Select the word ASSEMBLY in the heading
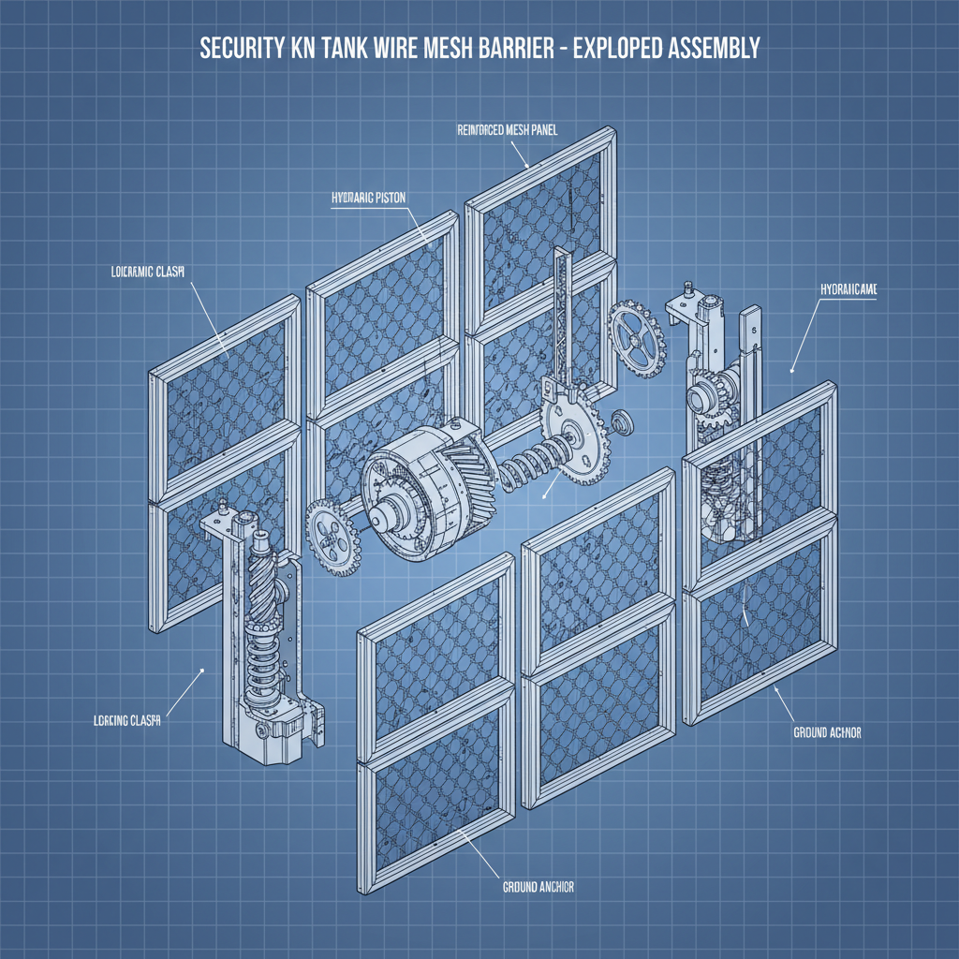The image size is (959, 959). point(714,50)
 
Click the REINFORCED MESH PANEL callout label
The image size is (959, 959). point(507,130)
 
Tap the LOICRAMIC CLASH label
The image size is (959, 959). point(141,273)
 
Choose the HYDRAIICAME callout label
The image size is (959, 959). point(848,291)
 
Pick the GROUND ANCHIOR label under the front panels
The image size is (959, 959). point(532,886)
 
